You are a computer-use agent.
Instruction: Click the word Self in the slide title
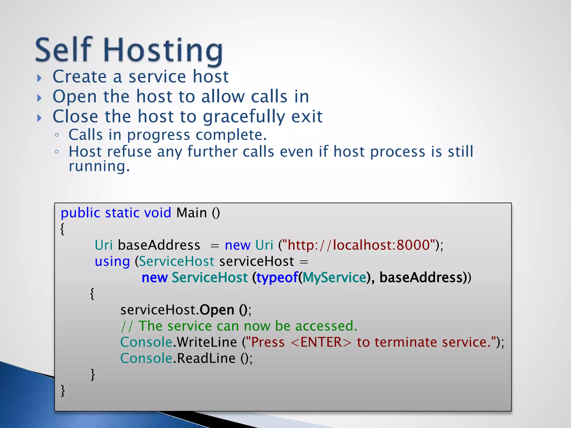click(64, 50)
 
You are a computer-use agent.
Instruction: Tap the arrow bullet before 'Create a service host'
click(40, 78)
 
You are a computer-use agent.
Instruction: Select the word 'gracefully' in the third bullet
click(244, 117)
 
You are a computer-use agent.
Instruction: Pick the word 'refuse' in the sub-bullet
click(129, 152)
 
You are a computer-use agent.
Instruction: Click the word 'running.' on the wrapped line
click(99, 166)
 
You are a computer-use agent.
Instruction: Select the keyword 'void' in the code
click(158, 213)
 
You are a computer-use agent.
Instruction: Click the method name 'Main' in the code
click(192, 213)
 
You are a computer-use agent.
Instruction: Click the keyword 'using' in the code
click(112, 262)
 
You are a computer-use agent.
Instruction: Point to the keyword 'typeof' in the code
click(277, 278)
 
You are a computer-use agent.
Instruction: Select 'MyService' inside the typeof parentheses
click(334, 278)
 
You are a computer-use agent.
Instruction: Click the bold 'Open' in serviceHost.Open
click(217, 310)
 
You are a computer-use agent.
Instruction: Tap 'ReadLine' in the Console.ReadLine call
click(206, 358)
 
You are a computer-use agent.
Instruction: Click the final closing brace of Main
click(63, 390)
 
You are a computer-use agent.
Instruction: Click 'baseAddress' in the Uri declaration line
click(159, 245)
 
